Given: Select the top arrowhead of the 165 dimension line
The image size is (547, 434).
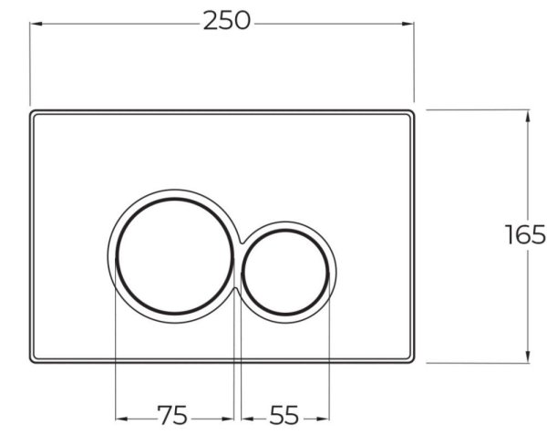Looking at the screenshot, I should pyautogui.click(x=528, y=114).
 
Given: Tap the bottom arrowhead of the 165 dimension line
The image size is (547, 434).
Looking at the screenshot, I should pyautogui.click(x=528, y=357).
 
